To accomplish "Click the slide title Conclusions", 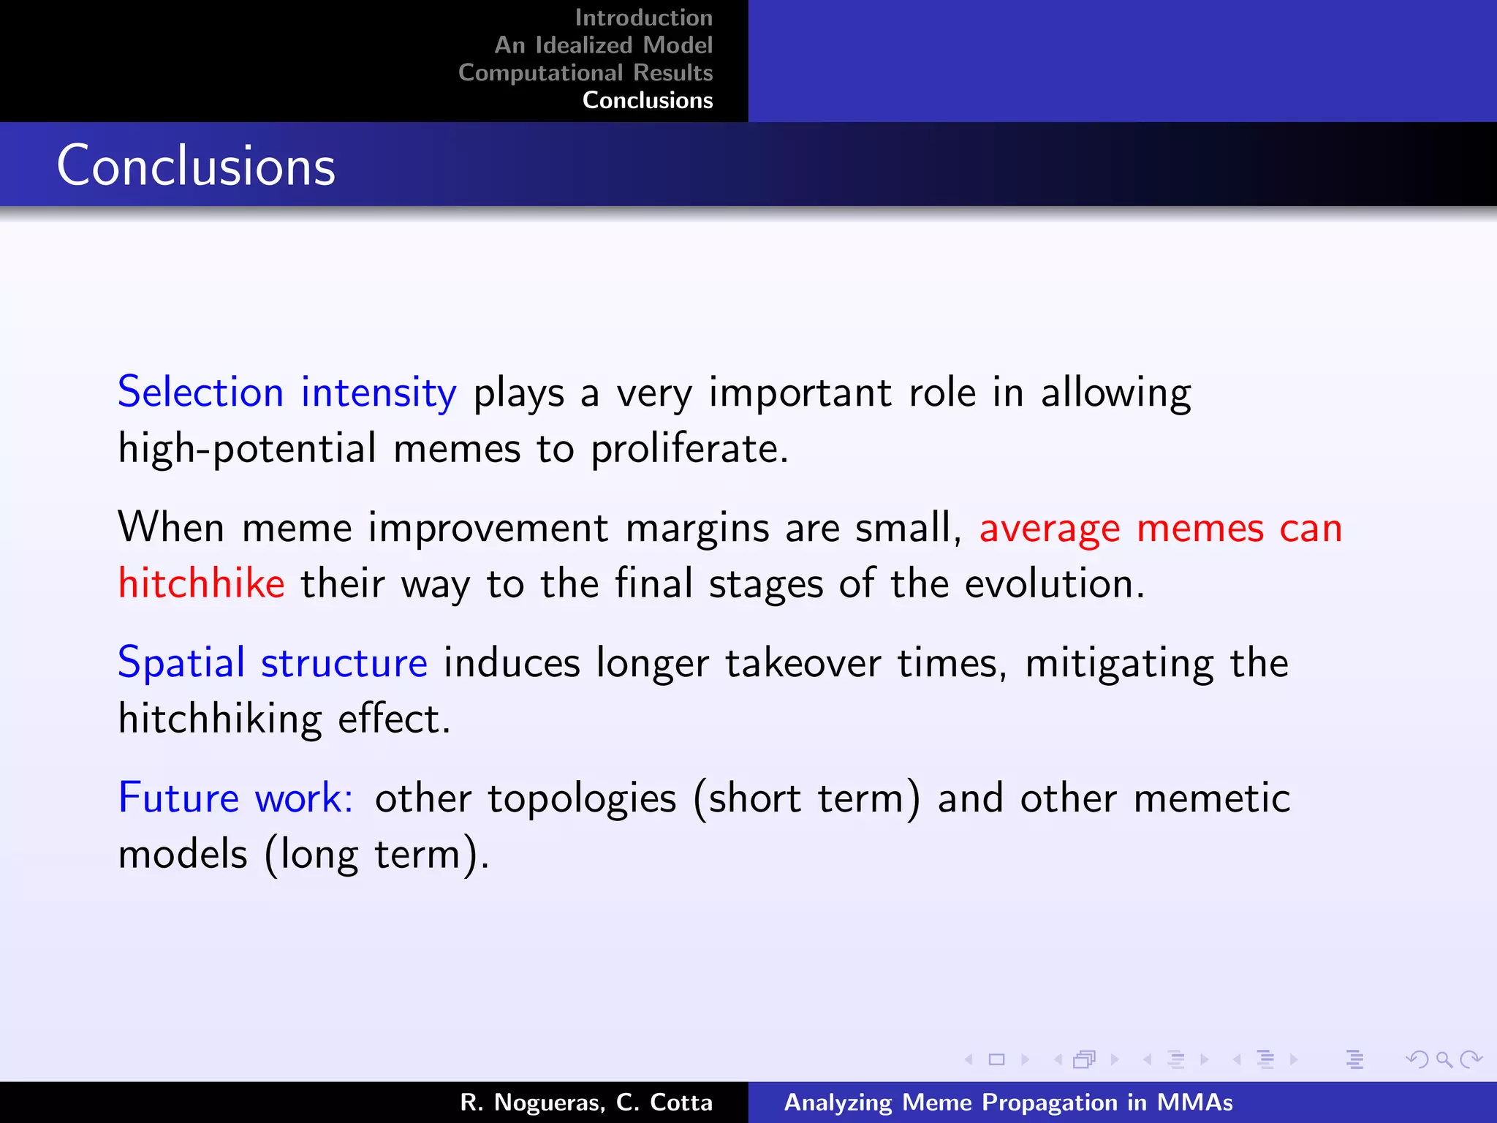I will pos(196,166).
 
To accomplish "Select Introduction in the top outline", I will pos(643,18).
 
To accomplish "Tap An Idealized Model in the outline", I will pos(603,45).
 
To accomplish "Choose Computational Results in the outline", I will pos(585,73).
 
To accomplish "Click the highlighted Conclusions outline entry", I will pos(647,100).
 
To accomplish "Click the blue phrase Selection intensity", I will pos(287,393).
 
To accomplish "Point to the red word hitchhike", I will pos(201,583).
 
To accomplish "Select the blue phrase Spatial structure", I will pos(273,663).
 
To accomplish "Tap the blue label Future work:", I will pos(236,798).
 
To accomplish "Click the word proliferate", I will pos(689,448).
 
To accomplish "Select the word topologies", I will pos(582,798).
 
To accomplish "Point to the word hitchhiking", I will pos(219,719).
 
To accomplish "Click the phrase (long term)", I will pos(376,854).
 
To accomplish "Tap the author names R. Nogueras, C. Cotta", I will pos(586,1103).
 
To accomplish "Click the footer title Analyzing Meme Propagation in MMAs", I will pos(1008,1103).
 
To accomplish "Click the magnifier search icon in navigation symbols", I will pos(1444,1059).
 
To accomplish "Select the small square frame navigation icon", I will pos(996,1059).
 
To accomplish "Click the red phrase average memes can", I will pos(1160,528).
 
